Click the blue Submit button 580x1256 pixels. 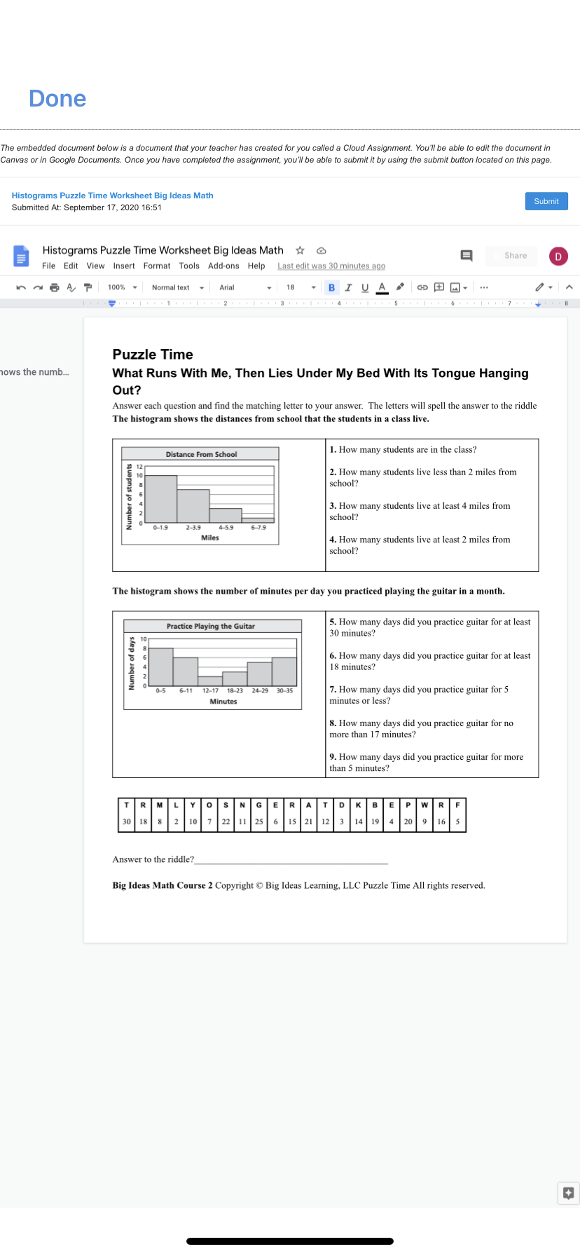click(x=546, y=201)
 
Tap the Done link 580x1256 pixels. click(x=57, y=99)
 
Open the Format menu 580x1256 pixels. click(x=157, y=266)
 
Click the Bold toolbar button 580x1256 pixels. click(x=331, y=287)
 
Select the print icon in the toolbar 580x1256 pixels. click(x=55, y=287)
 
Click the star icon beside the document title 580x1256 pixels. click(x=300, y=250)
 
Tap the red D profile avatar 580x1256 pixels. click(x=558, y=257)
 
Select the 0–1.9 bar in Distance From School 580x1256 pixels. click(x=160, y=498)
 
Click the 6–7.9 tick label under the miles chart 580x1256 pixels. click(x=258, y=528)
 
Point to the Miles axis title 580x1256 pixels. click(x=210, y=538)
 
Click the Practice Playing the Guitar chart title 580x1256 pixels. click(x=210, y=626)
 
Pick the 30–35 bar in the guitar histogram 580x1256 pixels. click(x=284, y=671)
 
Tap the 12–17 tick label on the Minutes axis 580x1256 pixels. click(x=210, y=691)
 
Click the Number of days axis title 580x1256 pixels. click(x=132, y=663)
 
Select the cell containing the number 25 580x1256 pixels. click(x=259, y=821)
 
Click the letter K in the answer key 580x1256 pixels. click(x=358, y=805)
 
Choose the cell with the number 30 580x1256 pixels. click(x=127, y=821)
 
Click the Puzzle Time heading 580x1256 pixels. click(x=153, y=355)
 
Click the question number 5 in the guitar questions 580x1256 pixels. click(x=333, y=622)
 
